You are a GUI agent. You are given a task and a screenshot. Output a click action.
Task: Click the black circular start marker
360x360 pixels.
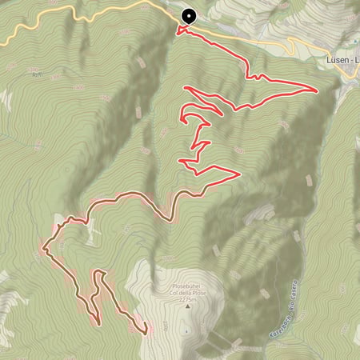190,15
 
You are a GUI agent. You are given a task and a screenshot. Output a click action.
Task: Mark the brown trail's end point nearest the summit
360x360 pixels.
145,330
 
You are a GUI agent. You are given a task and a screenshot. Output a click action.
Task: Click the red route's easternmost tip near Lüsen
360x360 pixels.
318,90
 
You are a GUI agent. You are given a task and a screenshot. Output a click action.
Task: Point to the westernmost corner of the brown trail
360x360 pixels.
43,250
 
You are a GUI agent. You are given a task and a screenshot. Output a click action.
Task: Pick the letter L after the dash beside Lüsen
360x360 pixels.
356,59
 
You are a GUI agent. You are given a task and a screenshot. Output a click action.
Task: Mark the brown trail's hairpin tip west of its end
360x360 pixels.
99,322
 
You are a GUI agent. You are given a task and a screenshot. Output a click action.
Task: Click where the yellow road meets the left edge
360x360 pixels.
2,42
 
